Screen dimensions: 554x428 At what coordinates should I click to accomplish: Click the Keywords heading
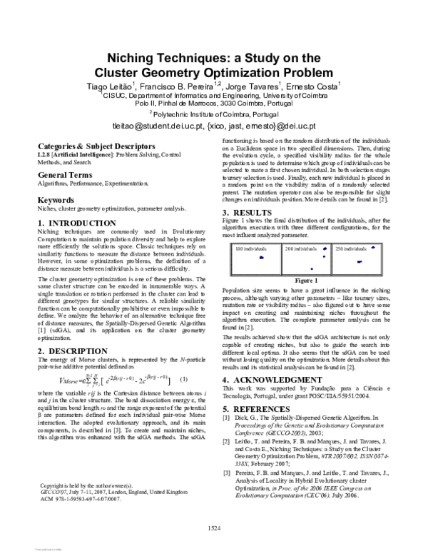tap(55, 200)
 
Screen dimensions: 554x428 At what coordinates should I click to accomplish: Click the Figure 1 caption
tap(306, 281)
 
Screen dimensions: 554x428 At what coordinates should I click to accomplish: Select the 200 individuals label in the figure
tap(299, 248)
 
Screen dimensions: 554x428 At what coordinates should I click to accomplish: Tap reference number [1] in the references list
tap(227, 416)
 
